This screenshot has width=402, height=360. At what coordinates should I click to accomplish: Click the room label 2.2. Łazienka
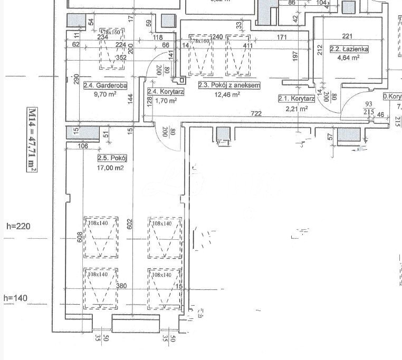349,49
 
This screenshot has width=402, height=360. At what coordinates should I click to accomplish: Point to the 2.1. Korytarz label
296,99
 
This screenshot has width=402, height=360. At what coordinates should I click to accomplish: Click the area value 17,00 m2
110,168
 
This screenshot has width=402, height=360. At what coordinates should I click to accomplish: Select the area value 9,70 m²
103,95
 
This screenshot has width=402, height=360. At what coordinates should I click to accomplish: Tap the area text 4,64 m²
348,59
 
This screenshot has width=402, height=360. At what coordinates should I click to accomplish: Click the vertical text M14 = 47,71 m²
32,139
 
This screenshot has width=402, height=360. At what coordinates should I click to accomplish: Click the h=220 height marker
19,226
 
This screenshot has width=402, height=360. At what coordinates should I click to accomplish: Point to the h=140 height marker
16,298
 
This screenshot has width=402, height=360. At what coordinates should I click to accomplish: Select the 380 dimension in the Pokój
121,286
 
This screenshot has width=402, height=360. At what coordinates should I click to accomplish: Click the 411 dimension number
248,46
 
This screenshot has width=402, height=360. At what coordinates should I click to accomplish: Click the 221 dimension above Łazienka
347,36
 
